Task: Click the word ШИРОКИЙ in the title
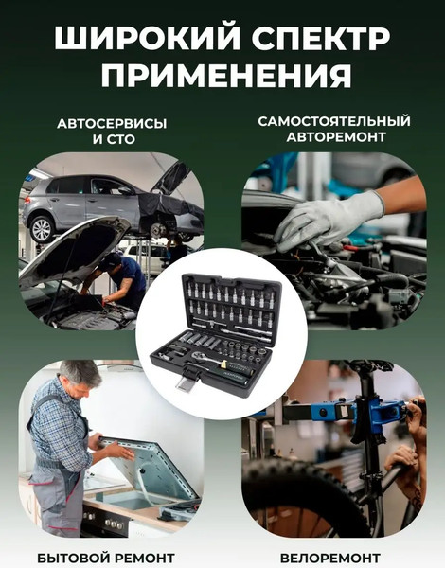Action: tap(134, 39)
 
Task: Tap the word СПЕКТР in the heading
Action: tap(311, 39)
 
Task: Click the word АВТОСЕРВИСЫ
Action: tap(112, 124)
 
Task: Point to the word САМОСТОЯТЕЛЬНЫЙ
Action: tap(333, 121)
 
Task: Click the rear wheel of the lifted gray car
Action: tap(42, 228)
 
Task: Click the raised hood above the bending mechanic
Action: tap(76, 248)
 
